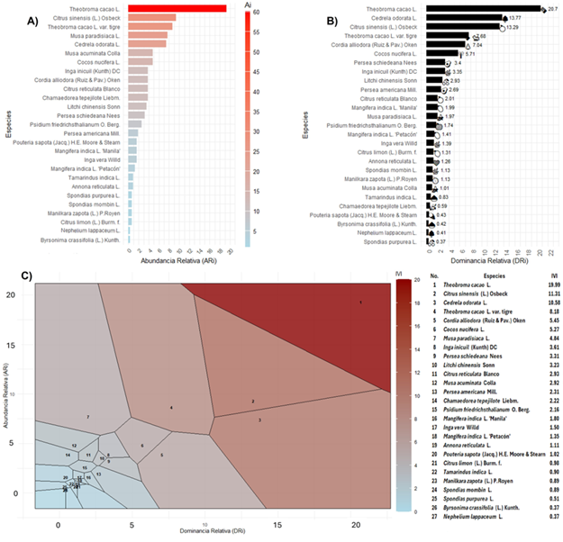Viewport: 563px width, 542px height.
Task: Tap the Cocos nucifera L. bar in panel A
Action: pos(141,61)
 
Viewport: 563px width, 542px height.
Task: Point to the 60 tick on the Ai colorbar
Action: pos(257,14)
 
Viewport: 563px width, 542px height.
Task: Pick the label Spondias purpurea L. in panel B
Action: pos(393,241)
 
